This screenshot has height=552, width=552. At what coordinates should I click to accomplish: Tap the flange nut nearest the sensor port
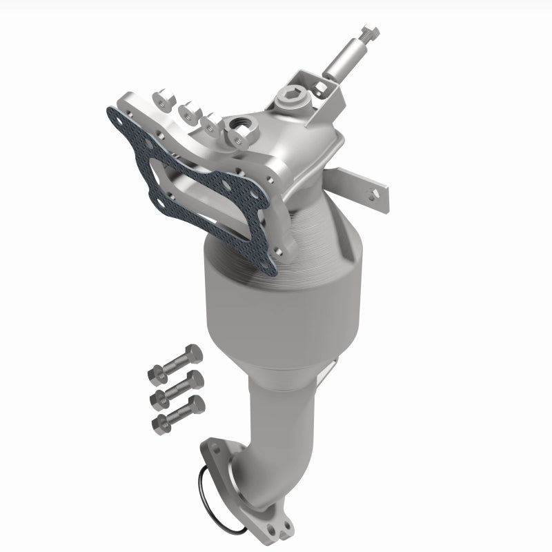(235, 139)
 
